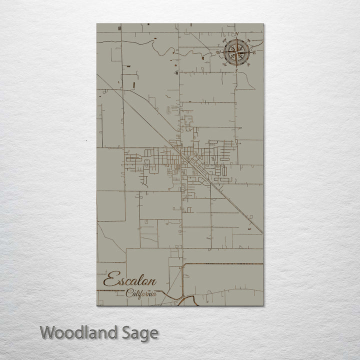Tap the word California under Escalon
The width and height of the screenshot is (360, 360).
(x=141, y=293)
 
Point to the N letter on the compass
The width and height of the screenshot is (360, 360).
(x=237, y=34)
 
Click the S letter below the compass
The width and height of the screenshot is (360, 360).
(x=236, y=71)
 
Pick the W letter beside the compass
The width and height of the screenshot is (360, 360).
(x=218, y=52)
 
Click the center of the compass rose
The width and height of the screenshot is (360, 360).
(x=236, y=52)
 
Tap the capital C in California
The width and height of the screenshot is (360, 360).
(x=129, y=292)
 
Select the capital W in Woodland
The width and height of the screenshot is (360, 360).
(x=48, y=332)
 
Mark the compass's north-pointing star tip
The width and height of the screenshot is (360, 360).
(x=236, y=38)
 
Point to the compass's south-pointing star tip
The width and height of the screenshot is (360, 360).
(x=236, y=66)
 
